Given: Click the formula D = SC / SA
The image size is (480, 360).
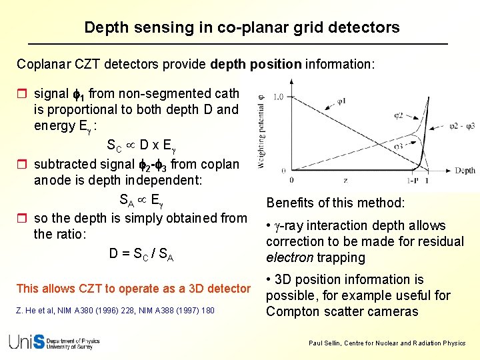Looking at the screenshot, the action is point(141,254).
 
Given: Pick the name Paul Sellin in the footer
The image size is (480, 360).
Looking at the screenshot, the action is point(326,343).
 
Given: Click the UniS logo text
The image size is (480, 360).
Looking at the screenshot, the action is point(27,341).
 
